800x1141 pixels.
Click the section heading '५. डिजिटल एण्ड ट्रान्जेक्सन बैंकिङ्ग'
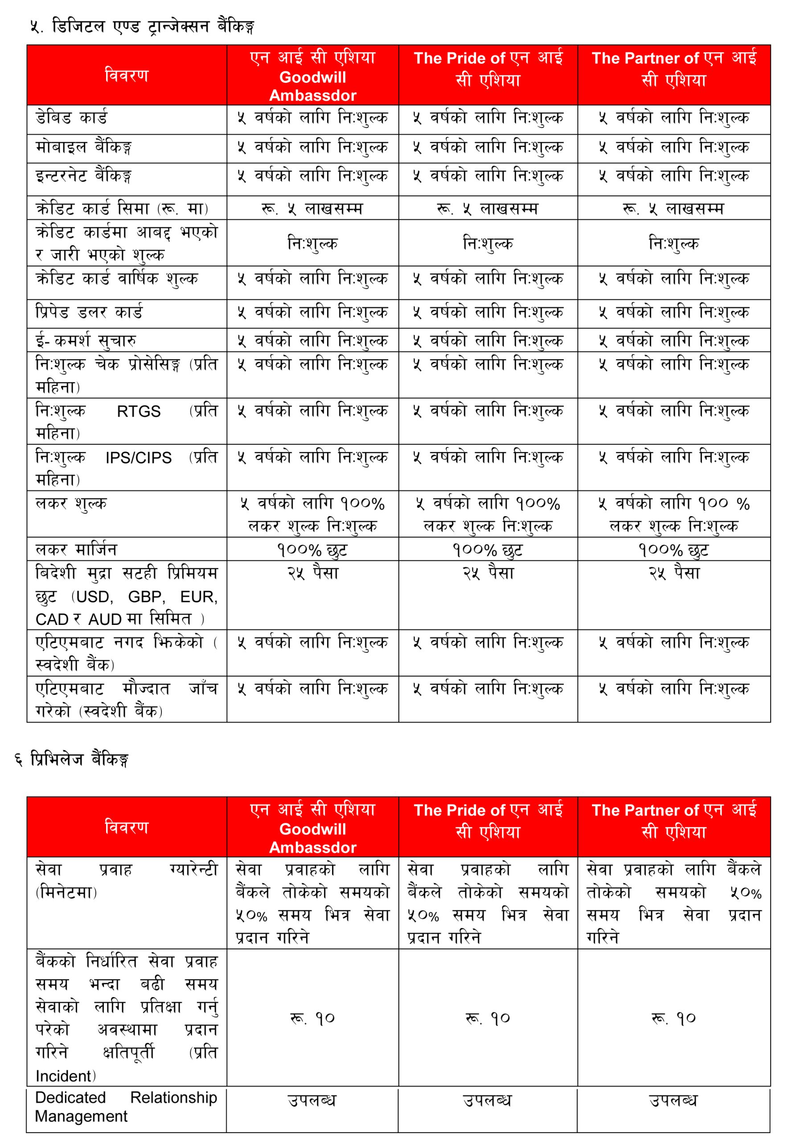pyautogui.click(x=142, y=26)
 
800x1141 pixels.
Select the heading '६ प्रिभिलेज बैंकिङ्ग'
pyautogui.click(x=72, y=759)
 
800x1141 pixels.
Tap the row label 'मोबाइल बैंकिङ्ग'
pyautogui.click(x=83, y=148)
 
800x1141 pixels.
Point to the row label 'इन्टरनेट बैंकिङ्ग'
pyautogui.click(x=83, y=176)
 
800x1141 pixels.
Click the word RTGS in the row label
pyautogui.click(x=139, y=411)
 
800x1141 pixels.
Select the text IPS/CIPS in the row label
pyautogui.click(x=138, y=458)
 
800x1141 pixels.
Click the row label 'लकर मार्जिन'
pyautogui.click(x=76, y=550)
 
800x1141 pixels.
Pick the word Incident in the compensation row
pyautogui.click(x=64, y=1076)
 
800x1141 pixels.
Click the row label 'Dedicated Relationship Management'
pyautogui.click(x=126, y=1106)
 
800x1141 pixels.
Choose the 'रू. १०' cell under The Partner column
pyautogui.click(x=673, y=1019)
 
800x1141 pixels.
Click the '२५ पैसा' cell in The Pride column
pyautogui.click(x=488, y=574)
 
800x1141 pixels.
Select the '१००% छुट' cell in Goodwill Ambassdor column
pyautogui.click(x=312, y=550)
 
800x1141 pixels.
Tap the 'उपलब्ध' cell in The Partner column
pyautogui.click(x=673, y=1100)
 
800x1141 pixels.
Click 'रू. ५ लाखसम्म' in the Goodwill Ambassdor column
pyautogui.click(x=312, y=209)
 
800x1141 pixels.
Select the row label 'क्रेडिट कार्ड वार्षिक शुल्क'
pyautogui.click(x=117, y=279)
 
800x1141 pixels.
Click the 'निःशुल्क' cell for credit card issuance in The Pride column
pyautogui.click(x=488, y=243)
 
